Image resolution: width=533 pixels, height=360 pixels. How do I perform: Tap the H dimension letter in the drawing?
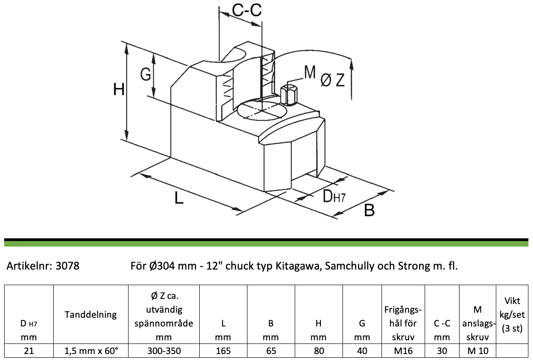point(118,90)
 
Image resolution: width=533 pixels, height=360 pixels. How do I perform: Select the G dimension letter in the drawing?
point(146,74)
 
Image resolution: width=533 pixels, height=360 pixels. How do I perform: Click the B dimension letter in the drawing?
point(369,210)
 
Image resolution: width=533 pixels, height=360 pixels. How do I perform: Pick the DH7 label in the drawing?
point(333,196)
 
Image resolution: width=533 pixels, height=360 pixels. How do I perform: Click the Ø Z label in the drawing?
point(333,80)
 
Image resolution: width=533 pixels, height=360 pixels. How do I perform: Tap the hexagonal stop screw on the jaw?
point(289,95)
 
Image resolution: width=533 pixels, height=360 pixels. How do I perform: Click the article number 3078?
point(67,265)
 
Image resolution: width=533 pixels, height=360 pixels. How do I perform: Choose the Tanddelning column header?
point(91,315)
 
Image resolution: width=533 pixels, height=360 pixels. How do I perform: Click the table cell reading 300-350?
point(164,350)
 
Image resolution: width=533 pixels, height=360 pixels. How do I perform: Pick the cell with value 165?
point(223,350)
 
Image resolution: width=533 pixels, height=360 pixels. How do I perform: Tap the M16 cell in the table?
point(403,350)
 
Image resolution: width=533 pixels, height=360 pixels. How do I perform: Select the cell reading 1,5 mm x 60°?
point(91,350)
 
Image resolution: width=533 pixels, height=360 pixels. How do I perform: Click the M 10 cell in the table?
point(477,350)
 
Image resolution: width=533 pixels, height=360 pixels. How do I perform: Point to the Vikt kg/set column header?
point(512,315)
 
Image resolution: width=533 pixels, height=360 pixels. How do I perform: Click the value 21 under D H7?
point(28,350)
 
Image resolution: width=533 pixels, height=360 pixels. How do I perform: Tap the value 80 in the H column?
point(319,350)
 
